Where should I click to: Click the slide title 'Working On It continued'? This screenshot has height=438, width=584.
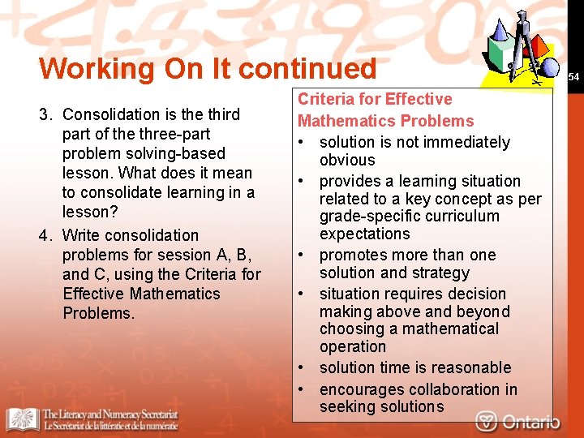click(208, 68)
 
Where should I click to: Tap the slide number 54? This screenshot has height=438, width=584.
click(574, 77)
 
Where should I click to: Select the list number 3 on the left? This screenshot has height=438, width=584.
click(45, 114)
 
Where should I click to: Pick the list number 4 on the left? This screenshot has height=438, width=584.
click(45, 235)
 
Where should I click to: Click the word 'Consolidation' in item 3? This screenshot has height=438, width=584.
click(109, 114)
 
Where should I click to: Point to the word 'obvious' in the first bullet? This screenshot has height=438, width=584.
click(347, 160)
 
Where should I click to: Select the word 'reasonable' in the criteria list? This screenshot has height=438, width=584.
click(469, 367)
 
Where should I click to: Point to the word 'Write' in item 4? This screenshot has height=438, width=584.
click(81, 235)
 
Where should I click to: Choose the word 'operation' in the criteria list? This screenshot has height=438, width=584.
click(353, 346)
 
